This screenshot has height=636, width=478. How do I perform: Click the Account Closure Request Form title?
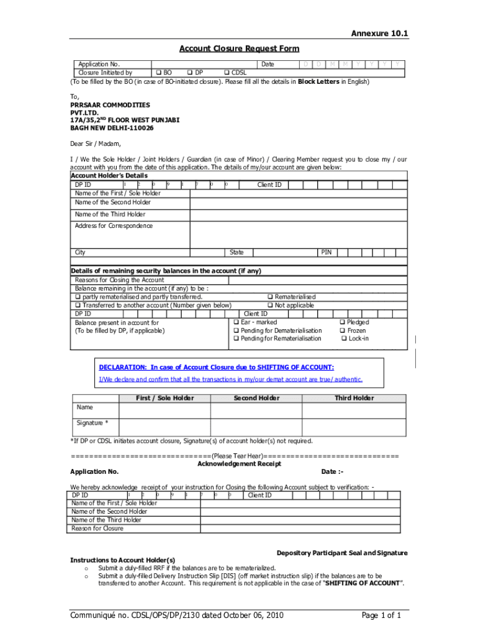pyautogui.click(x=239, y=48)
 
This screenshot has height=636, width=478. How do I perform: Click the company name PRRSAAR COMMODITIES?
pyautogui.click(x=110, y=105)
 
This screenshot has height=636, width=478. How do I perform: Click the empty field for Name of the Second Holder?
pyautogui.click(x=298, y=202)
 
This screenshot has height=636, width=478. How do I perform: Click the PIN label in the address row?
pyautogui.click(x=326, y=253)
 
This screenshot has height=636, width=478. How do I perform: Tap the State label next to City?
pyautogui.click(x=237, y=253)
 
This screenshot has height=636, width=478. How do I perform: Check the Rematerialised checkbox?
pyautogui.click(x=270, y=297)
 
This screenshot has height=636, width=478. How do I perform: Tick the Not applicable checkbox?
pyautogui.click(x=270, y=305)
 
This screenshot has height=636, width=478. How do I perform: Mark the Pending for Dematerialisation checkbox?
pyautogui.click(x=237, y=330)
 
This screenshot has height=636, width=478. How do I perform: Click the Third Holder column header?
pyautogui.click(x=354, y=398)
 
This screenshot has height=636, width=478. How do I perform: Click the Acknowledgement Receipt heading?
pyautogui.click(x=239, y=463)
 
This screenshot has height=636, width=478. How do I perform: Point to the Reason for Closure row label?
pyautogui.click(x=97, y=529)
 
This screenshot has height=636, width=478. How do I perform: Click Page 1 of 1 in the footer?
pyautogui.click(x=381, y=616)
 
